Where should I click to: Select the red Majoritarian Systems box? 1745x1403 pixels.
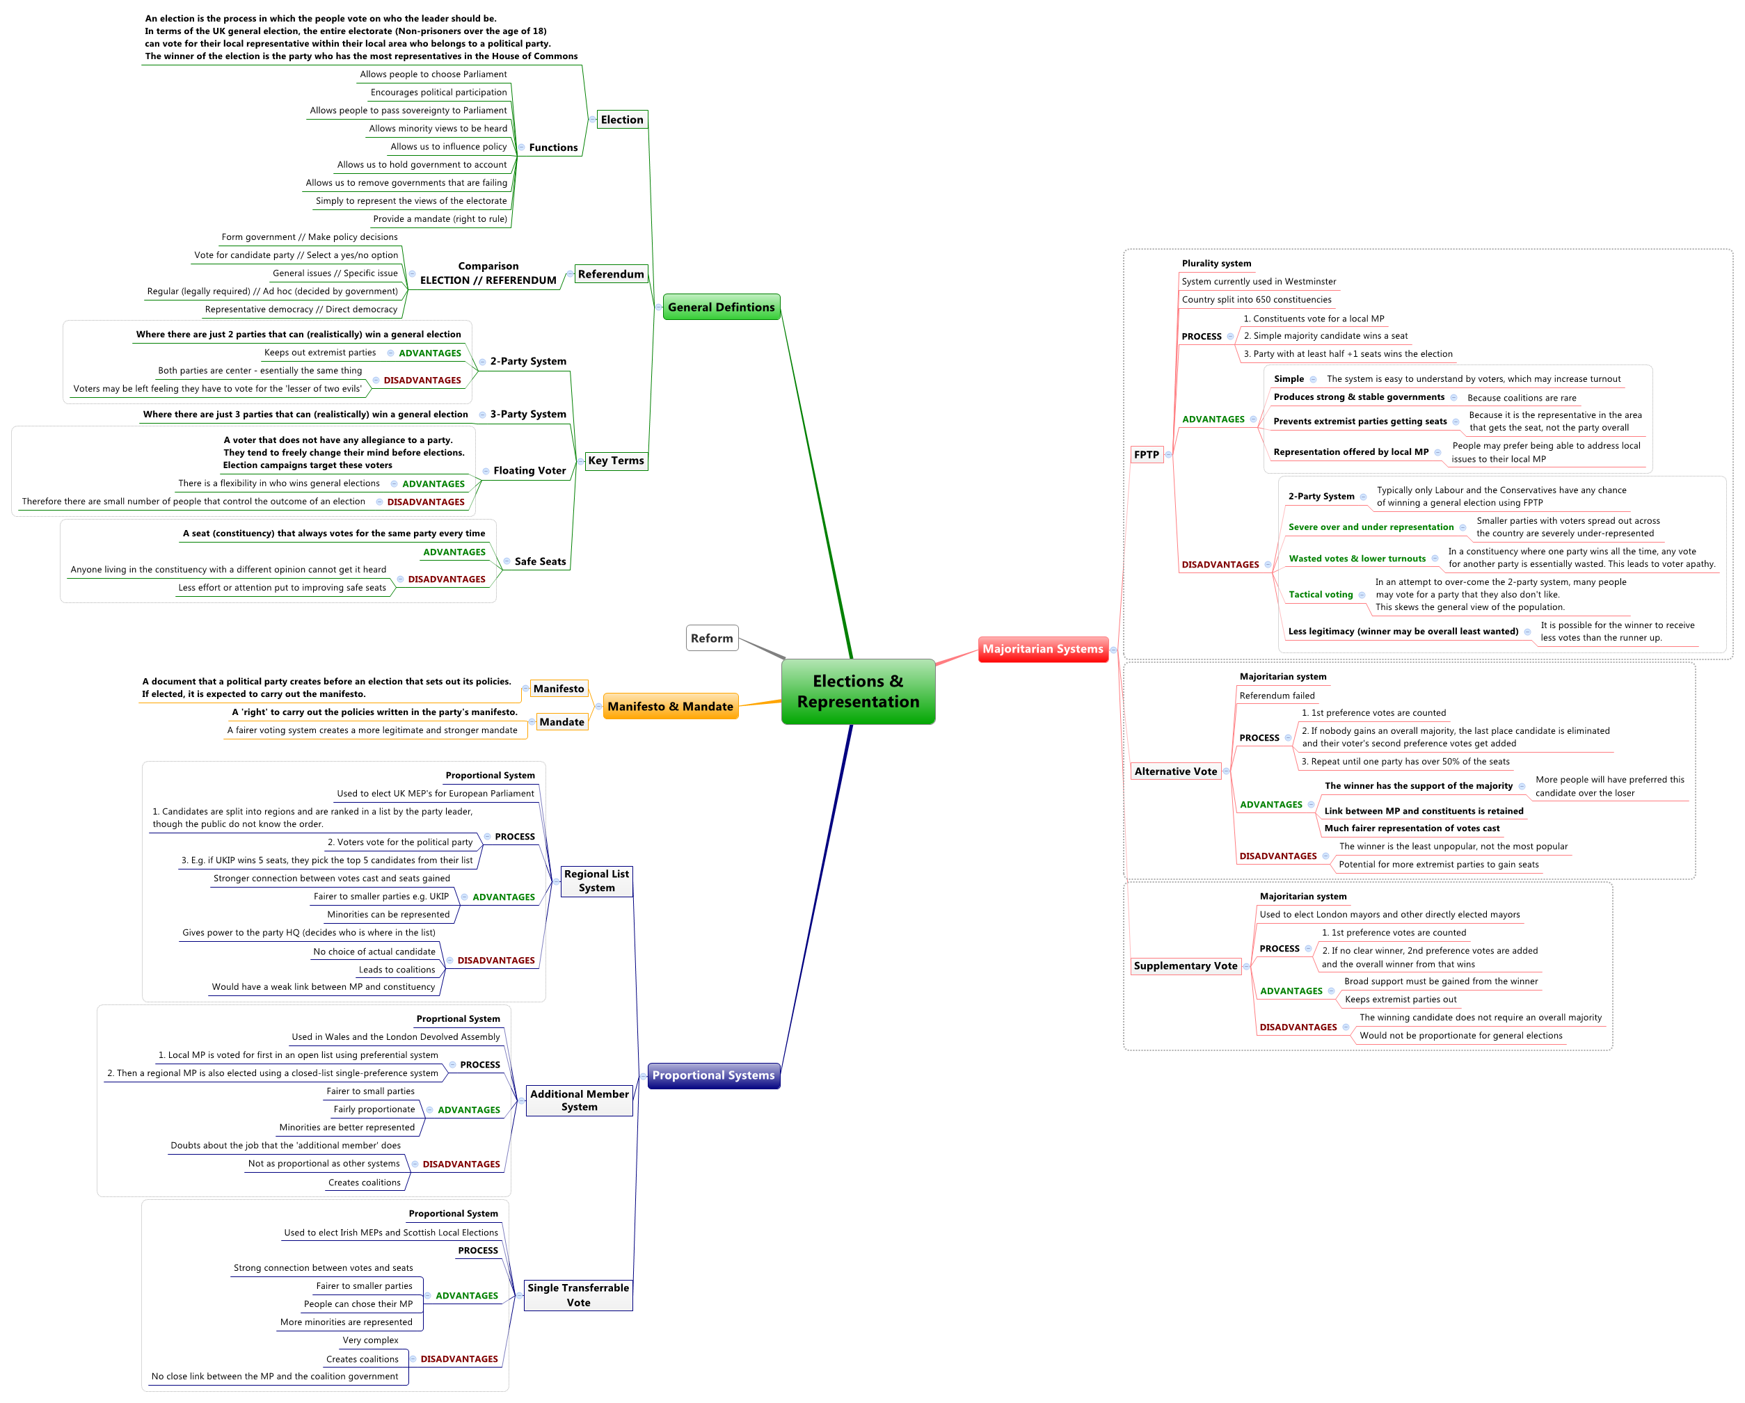coord(1042,649)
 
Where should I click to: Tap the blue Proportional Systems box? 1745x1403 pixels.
coord(713,1075)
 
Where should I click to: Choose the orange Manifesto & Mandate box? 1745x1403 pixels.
coord(670,706)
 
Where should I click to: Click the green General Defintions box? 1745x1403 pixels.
coord(721,307)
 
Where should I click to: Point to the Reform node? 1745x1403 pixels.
coord(712,639)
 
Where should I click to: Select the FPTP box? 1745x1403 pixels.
coord(1146,455)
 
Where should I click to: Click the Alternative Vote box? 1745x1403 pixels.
coord(1175,772)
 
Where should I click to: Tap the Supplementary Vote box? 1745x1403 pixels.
coord(1185,966)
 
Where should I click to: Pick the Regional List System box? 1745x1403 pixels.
coord(596,881)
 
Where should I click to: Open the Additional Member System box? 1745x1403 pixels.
coord(579,1100)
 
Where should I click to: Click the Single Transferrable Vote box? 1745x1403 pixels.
coord(578,1295)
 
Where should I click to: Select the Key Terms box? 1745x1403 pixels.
coord(616,461)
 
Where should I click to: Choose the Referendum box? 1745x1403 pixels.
coord(611,274)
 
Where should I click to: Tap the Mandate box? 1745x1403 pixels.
coord(561,722)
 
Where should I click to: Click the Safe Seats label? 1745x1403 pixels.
coord(540,561)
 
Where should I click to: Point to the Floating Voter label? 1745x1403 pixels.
coord(529,471)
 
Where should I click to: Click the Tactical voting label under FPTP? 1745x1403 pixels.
coord(1320,595)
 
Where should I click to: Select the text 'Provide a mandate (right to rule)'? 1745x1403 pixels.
coord(440,219)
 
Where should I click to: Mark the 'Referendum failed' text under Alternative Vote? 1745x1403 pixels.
coord(1276,696)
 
